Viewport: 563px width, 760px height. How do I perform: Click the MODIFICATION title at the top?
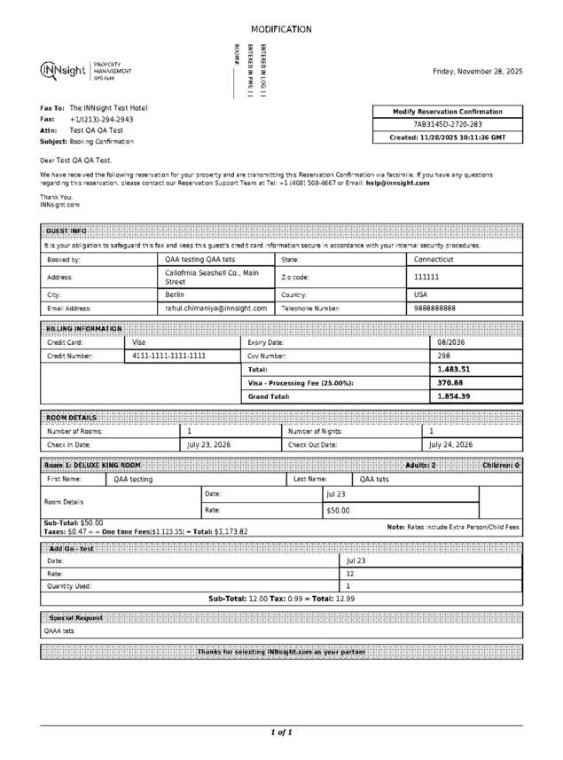[x=281, y=29]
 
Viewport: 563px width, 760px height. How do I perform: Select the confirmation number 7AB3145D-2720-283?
[x=449, y=125]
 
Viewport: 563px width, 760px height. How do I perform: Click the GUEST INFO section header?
[x=66, y=231]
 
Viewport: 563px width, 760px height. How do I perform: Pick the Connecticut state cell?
[x=434, y=260]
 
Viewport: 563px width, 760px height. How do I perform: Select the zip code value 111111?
[x=426, y=278]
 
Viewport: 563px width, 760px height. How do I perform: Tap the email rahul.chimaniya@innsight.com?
[x=215, y=308]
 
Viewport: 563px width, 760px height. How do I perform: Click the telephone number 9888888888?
[x=434, y=308]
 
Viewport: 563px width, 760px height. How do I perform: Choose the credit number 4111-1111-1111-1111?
[x=168, y=356]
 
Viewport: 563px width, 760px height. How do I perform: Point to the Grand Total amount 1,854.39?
[x=453, y=396]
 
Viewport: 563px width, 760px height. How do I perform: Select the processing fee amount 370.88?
[x=450, y=382]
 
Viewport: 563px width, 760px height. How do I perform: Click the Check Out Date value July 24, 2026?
[x=450, y=444]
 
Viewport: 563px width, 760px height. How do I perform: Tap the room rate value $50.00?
[x=338, y=511]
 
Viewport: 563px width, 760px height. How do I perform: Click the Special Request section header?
[x=75, y=617]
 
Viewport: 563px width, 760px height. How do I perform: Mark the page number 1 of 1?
[x=281, y=733]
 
